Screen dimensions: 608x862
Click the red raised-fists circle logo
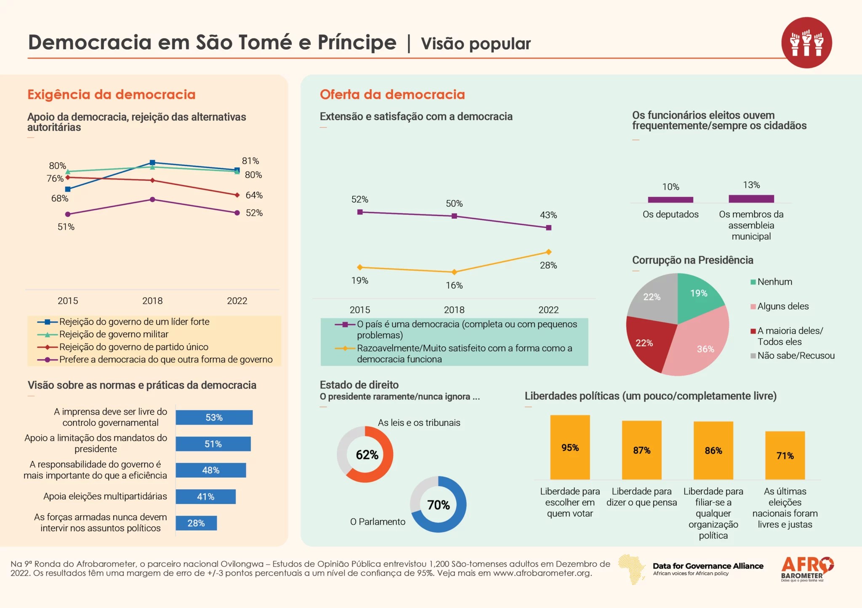coord(806,42)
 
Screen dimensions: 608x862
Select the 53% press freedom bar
coord(214,418)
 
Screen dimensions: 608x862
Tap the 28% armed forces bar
coord(196,523)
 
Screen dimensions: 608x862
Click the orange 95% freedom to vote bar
coord(570,447)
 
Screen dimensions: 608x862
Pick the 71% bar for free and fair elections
coord(785,455)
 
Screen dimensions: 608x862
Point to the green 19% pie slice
coord(698,296)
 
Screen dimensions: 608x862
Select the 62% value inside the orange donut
coord(367,455)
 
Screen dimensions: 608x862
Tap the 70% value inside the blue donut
coord(439,505)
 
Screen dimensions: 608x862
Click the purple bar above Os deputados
coord(670,200)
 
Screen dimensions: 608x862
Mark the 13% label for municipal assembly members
coord(751,185)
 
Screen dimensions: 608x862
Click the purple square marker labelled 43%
coord(548,227)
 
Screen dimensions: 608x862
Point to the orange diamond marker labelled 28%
coord(548,252)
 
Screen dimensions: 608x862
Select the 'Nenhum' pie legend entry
coord(774,282)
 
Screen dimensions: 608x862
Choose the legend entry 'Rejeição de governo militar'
coord(114,334)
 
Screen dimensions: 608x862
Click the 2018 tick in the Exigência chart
coord(152,301)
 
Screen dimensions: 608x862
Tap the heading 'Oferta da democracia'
coord(392,94)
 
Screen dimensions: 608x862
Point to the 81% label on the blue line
coord(250,161)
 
